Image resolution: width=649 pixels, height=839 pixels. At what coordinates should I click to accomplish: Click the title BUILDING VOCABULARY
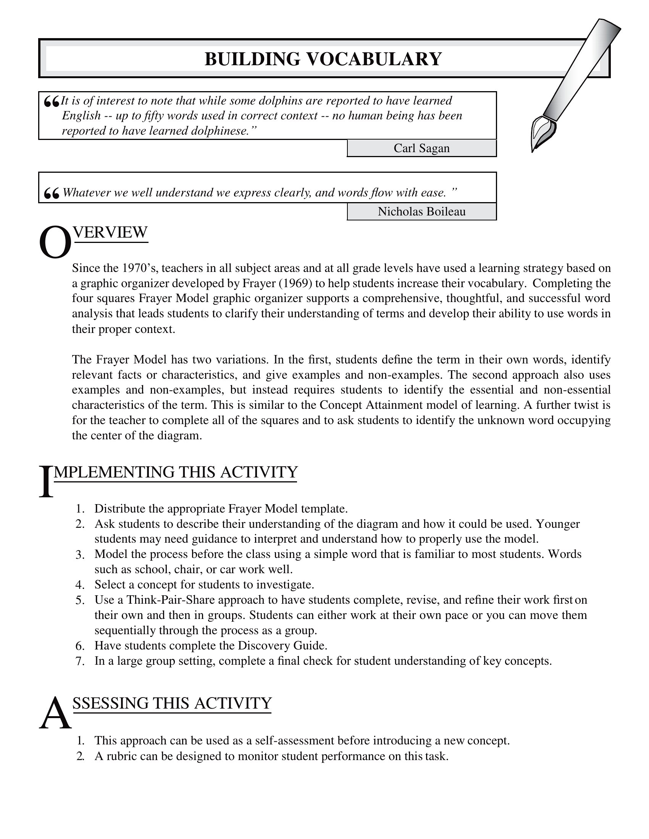pyautogui.click(x=323, y=59)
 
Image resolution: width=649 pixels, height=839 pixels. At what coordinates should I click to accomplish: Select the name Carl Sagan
pyautogui.click(x=421, y=148)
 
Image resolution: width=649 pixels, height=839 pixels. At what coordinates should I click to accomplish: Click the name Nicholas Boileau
pyautogui.click(x=421, y=212)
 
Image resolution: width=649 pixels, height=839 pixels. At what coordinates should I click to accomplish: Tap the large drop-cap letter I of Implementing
pyautogui.click(x=46, y=482)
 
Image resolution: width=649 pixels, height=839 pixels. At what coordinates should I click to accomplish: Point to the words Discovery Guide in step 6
pyautogui.click(x=282, y=645)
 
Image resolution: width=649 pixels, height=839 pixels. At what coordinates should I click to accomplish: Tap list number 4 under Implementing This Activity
pyautogui.click(x=80, y=585)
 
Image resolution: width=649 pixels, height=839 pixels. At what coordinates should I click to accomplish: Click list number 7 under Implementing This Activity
pyautogui.click(x=80, y=661)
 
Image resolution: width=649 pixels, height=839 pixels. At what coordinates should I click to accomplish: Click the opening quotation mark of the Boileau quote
pyautogui.click(x=52, y=194)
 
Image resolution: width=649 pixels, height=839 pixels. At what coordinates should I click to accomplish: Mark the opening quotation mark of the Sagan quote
pyautogui.click(x=52, y=102)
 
